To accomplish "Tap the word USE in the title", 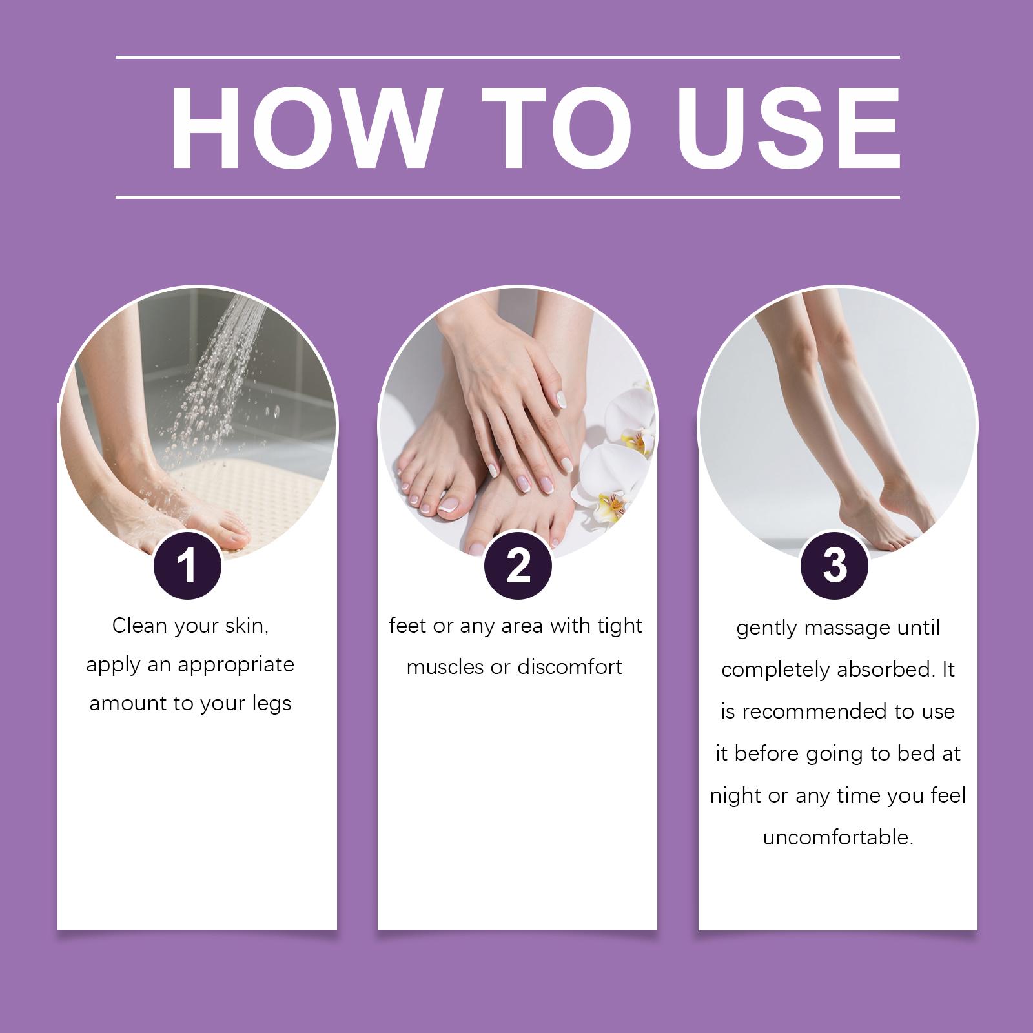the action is tap(788, 127).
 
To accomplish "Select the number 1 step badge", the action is tap(187, 565).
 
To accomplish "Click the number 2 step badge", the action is tap(518, 565).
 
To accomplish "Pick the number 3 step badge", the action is tap(835, 565).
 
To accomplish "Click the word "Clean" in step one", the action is tap(139, 626).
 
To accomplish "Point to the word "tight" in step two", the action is tap(620, 627).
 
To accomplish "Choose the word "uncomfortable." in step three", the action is tap(838, 837).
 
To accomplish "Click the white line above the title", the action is tap(507, 57).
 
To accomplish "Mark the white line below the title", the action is tap(507, 196).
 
